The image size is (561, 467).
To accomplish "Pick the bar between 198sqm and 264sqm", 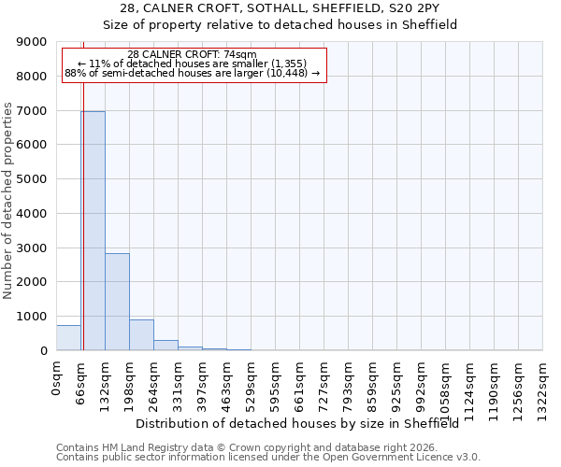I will (x=141, y=335).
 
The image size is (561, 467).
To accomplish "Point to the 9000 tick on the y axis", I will (x=33, y=42).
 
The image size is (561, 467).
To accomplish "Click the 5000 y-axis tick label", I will (x=33, y=179).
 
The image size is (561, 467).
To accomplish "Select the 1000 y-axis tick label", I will (x=33, y=317).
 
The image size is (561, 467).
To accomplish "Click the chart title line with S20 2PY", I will (x=280, y=8).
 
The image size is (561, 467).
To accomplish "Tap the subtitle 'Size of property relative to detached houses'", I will (x=280, y=25).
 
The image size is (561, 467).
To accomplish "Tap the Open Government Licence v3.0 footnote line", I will (x=268, y=458).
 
